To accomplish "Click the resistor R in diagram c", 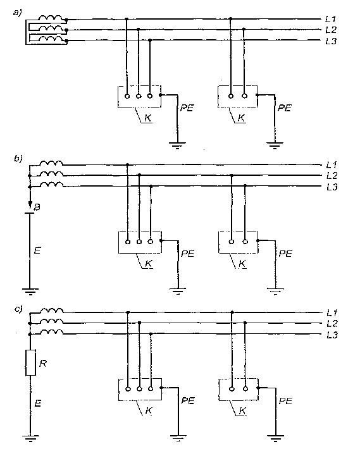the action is (30, 362).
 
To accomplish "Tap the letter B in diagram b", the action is (37, 207).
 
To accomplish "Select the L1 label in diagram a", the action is (331, 19).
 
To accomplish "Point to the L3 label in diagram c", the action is (332, 335).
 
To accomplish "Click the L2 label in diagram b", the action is (332, 176).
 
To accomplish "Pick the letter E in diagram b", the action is (37, 250).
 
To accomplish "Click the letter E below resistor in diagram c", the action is (37, 403).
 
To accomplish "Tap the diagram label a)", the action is (18, 13).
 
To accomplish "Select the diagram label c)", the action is (18, 309).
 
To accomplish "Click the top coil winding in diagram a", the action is (51, 18).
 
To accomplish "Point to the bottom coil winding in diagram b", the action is (51, 185).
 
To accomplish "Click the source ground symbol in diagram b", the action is (30, 292).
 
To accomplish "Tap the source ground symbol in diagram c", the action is (30, 438).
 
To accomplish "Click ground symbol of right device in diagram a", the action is (275, 145).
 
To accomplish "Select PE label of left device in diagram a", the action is (187, 108).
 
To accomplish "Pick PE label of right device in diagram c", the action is (285, 401).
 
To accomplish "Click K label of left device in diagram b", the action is (149, 264).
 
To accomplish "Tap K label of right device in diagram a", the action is (241, 118).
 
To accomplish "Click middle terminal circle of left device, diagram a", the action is (139, 96).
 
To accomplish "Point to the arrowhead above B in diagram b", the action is (30, 202).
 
